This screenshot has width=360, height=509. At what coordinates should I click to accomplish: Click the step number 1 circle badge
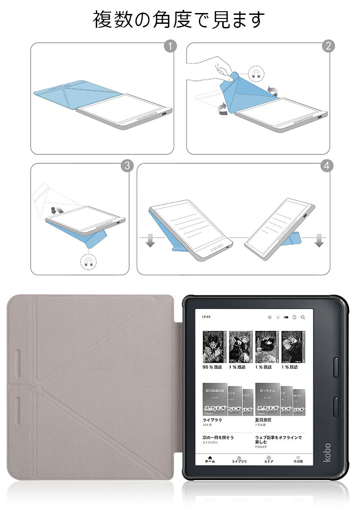point(170,46)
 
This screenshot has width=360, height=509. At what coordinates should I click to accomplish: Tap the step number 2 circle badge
point(328,46)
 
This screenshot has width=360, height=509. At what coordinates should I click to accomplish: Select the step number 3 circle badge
point(127,166)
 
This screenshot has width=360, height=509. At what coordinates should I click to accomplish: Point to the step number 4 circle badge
point(327,166)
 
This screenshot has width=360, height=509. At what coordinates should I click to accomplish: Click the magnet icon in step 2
point(256,73)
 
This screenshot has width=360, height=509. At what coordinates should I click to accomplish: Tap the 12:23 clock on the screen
point(207,317)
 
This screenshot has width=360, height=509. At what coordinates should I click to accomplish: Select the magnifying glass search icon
point(302,317)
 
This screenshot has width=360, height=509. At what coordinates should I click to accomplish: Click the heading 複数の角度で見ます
point(179,20)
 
